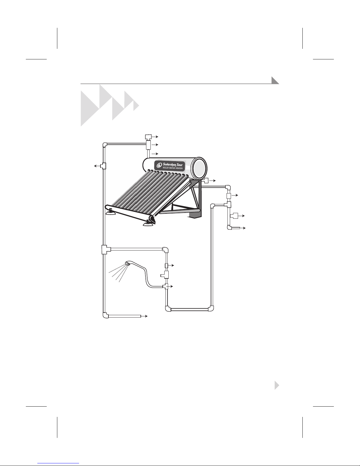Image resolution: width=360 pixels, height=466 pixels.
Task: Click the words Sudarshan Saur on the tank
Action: [173, 164]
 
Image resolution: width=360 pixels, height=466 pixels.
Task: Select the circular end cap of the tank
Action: [200, 169]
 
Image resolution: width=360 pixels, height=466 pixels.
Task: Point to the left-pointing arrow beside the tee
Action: [98, 166]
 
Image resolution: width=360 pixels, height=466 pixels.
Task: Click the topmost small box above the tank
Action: [148, 137]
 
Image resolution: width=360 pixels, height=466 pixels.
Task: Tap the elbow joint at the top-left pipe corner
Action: [105, 145]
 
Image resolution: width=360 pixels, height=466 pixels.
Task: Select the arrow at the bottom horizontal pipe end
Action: [144, 316]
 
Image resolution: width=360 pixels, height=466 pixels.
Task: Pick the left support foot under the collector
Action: [111, 212]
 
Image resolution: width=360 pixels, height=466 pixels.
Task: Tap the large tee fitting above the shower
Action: [106, 250]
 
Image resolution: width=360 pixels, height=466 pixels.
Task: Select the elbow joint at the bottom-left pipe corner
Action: [106, 315]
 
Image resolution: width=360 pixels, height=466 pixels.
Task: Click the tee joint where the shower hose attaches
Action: [166, 286]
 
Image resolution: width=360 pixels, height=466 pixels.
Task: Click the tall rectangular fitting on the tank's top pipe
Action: [148, 145]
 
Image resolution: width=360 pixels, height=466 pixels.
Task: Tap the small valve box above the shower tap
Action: [167, 265]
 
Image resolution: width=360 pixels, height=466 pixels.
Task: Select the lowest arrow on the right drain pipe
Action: [242, 228]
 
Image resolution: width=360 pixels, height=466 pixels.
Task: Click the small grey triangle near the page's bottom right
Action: [277, 385]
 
